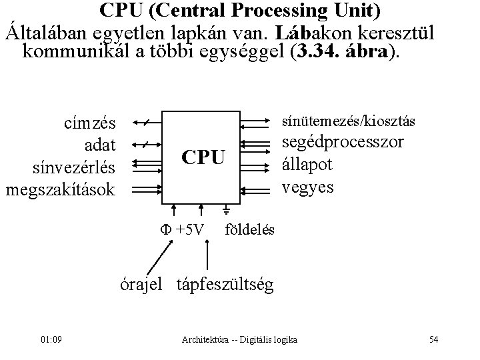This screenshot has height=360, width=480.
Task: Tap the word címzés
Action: pyautogui.click(x=88, y=123)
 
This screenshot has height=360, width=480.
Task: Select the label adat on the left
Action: pyautogui.click(x=101, y=145)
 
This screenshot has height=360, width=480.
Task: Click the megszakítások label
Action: pyautogui.click(x=61, y=189)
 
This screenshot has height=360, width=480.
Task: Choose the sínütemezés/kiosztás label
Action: pyautogui.click(x=349, y=121)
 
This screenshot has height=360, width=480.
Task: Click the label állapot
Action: pyautogui.click(x=311, y=165)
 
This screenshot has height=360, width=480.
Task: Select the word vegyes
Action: pyautogui.click(x=308, y=187)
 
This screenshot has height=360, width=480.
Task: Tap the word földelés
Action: pyautogui.click(x=250, y=230)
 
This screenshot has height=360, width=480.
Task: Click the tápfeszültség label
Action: pyautogui.click(x=225, y=285)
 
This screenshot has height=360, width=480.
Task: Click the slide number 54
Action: pyautogui.click(x=433, y=341)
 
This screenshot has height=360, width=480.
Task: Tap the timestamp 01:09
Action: pyautogui.click(x=51, y=341)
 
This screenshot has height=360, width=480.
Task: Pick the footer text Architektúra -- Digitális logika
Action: pyautogui.click(x=239, y=341)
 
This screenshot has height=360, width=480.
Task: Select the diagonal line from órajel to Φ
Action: pyautogui.click(x=157, y=257)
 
